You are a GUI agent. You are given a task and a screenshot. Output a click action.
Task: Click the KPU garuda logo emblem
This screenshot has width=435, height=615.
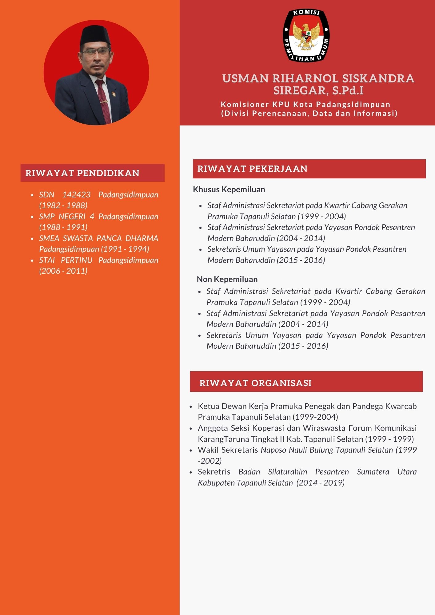(x=306, y=36)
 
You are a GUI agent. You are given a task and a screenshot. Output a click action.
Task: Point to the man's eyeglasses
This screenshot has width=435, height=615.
(x=95, y=52)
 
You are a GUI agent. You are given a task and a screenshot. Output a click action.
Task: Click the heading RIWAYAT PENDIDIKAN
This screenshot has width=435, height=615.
(x=82, y=173)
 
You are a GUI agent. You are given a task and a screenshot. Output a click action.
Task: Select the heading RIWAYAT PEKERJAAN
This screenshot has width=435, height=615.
(x=252, y=169)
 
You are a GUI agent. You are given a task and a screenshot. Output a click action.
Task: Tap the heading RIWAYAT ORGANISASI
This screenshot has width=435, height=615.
(x=255, y=383)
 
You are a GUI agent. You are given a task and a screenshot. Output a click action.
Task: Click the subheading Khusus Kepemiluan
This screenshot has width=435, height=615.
(x=229, y=189)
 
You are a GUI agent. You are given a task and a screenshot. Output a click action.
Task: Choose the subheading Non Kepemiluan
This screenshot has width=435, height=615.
(x=227, y=279)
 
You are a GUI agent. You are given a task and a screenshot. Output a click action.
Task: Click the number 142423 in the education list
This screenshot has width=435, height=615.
(x=77, y=195)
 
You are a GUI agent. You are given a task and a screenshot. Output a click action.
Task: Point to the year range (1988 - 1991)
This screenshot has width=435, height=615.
(x=63, y=227)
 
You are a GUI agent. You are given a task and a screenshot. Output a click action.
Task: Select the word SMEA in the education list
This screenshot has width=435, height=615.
(x=49, y=238)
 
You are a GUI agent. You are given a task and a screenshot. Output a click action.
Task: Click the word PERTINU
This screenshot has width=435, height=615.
(x=77, y=260)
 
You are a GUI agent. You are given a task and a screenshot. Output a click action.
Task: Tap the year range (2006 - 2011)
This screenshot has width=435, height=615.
(x=63, y=271)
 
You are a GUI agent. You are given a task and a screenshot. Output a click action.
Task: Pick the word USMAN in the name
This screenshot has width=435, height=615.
(x=245, y=78)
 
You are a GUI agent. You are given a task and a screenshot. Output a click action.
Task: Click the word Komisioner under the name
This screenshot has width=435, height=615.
(x=245, y=105)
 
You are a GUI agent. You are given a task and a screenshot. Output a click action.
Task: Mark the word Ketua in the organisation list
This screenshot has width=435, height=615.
(x=208, y=406)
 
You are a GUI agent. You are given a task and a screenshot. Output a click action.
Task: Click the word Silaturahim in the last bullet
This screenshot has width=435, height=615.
(x=287, y=472)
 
